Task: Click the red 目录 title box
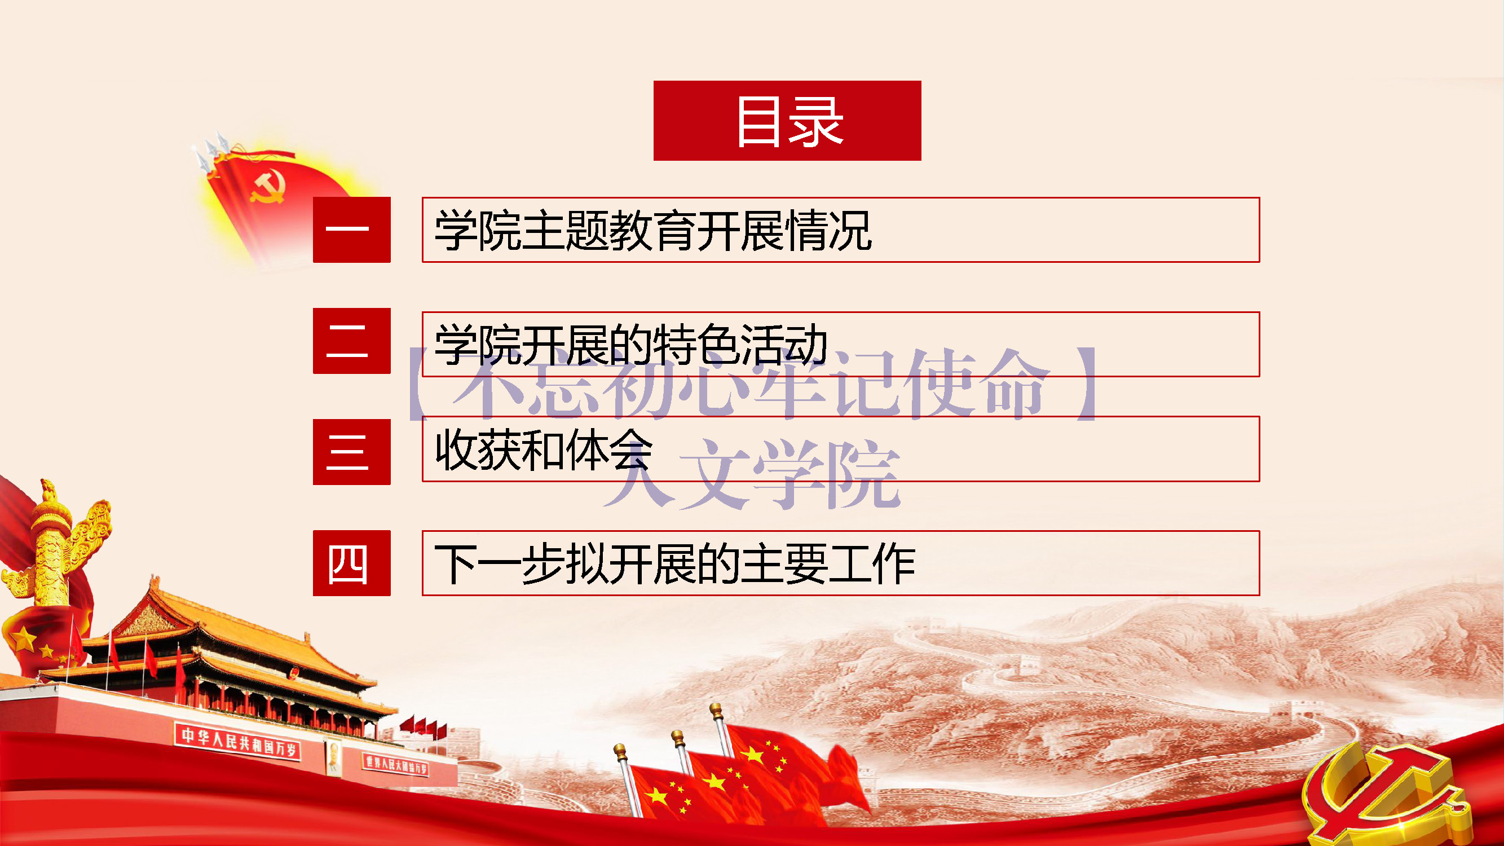point(787,120)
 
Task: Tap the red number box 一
point(351,230)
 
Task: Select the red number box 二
point(351,341)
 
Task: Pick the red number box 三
point(351,452)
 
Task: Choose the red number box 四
point(351,563)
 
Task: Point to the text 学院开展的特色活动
point(631,345)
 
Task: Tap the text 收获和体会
point(544,450)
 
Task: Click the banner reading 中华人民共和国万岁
point(238,742)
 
